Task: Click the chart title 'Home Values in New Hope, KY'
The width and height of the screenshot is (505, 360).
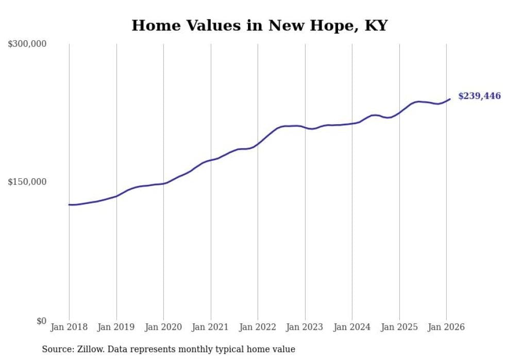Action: pos(259,25)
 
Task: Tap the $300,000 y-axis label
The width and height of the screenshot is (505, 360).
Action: pos(27,44)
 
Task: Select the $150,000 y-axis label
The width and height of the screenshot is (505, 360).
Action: pos(27,182)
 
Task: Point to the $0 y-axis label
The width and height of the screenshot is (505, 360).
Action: pos(41,321)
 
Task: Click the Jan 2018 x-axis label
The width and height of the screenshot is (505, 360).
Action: pos(69,327)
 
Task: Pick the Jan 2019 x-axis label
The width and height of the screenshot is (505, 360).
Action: pos(116,327)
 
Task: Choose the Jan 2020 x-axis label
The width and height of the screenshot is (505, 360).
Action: pos(163,327)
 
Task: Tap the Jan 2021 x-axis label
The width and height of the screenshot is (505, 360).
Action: pos(211,327)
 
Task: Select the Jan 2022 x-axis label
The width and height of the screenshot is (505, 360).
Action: pos(258,327)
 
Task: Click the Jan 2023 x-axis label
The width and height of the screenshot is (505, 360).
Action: pos(305,327)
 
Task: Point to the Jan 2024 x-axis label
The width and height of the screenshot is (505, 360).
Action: pos(352,327)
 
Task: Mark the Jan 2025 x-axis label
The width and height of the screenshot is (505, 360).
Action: pos(399,327)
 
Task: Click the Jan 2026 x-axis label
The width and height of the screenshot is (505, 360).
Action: pos(446,327)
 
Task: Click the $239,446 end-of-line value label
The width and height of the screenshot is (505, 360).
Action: pos(479,96)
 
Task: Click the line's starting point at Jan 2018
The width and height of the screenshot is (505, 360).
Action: pos(69,204)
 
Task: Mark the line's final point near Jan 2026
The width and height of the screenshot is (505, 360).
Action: pos(450,99)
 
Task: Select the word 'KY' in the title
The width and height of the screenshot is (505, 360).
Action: pos(376,25)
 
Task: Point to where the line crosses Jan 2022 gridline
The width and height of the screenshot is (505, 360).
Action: pos(258,143)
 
